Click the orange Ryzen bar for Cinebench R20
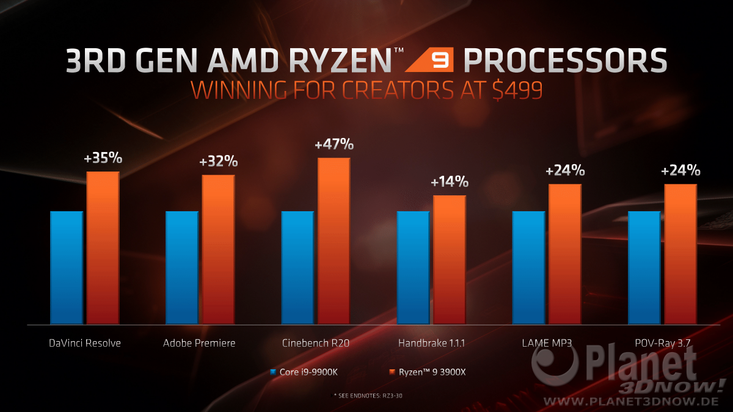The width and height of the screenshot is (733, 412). tap(334, 240)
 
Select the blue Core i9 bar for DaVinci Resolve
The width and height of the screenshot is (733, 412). tap(66, 267)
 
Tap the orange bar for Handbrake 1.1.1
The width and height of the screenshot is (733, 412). tap(449, 259)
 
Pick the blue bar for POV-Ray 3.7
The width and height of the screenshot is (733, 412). tap(644, 267)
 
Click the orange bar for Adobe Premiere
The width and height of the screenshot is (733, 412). tap(218, 249)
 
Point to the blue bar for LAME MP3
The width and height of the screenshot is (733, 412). tap(528, 267)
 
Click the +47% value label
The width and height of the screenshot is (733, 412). tap(334, 145)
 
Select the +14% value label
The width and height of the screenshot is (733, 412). tap(449, 181)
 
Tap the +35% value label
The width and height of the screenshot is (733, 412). tap(103, 159)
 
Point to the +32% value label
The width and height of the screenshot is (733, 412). tap(218, 162)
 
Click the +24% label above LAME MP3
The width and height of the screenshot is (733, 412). tap(565, 171)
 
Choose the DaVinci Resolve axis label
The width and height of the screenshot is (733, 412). tap(84, 343)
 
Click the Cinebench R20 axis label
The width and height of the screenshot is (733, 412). tap(316, 343)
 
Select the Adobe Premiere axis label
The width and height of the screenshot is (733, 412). tap(199, 343)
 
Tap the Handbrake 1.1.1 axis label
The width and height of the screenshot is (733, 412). tap(431, 343)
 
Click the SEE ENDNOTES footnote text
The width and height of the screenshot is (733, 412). tap(366, 396)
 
